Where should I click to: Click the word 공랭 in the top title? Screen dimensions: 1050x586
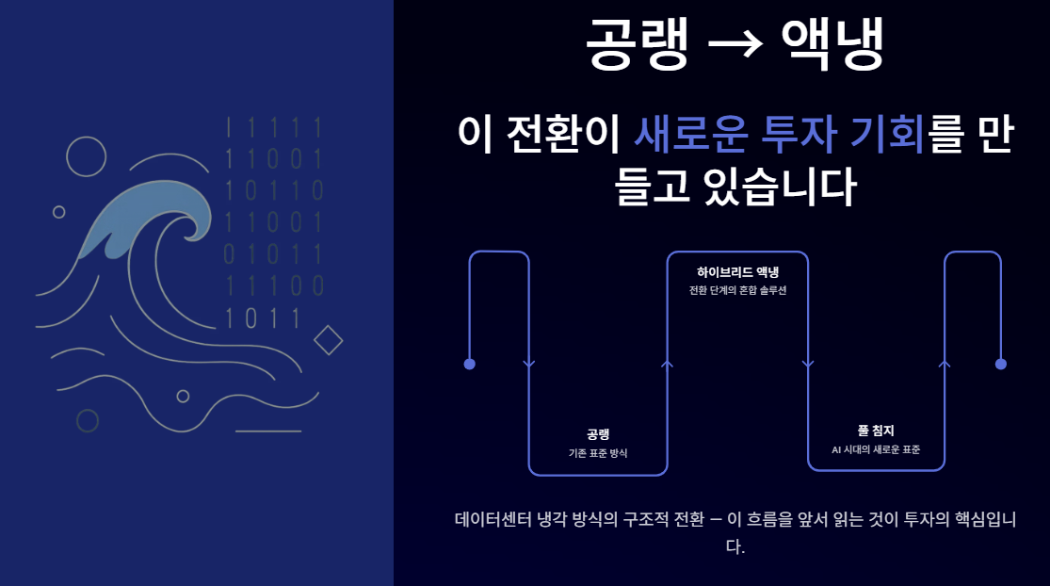point(638,45)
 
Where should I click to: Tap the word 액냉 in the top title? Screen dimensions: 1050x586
point(832,45)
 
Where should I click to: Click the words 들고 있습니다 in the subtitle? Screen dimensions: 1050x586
point(735,186)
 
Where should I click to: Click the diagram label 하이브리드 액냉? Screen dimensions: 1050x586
point(737,271)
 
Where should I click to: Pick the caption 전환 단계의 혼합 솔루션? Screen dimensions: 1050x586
point(737,290)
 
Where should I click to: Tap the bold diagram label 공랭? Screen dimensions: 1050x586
point(598,434)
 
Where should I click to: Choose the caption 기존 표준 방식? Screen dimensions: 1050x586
point(598,453)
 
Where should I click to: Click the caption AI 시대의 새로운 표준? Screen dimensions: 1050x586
point(876,449)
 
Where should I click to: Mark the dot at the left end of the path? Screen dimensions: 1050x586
point(470,364)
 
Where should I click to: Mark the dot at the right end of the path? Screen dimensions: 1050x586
point(1001,364)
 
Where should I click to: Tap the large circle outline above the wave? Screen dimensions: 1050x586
point(87,156)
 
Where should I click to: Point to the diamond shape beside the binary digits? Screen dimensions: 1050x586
point(328,339)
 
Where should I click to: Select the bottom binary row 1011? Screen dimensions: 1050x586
point(262,318)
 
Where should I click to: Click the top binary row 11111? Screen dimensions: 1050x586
point(274,126)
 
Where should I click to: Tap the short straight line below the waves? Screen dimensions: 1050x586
point(268,431)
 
